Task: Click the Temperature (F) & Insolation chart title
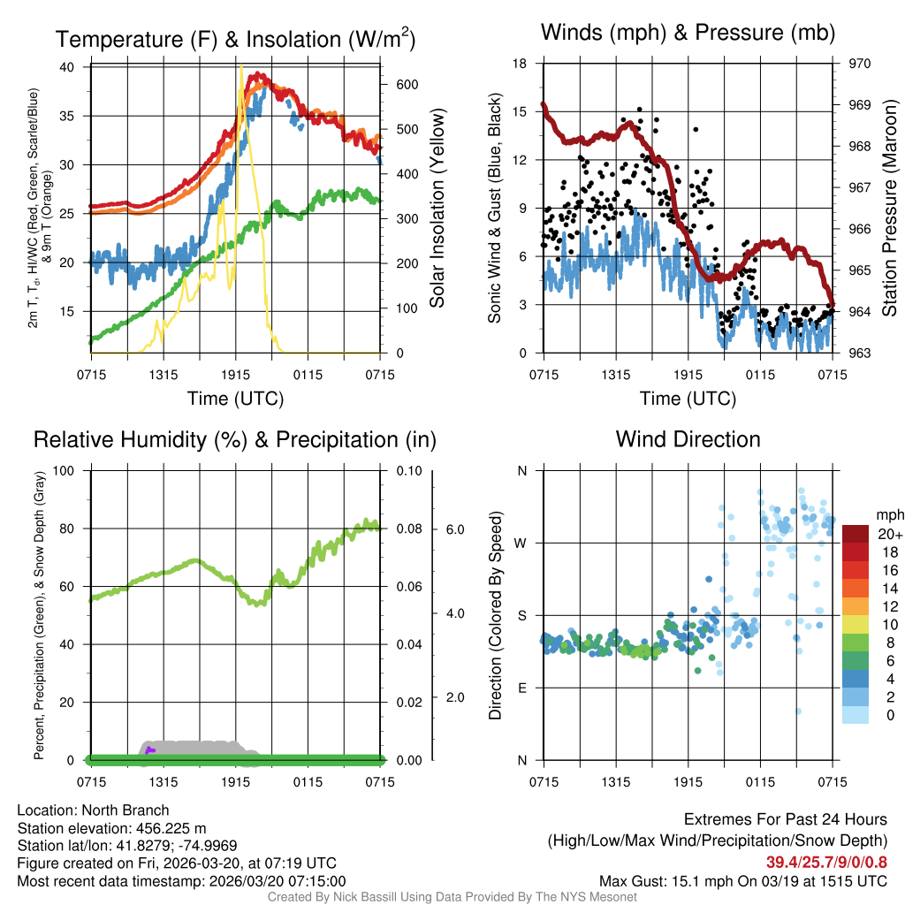coord(235,39)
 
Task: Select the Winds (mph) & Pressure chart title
coord(688,33)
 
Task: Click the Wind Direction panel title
coord(688,439)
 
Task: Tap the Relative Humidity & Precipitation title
coord(235,439)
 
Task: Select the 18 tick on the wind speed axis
coord(521,64)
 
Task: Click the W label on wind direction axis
coord(521,543)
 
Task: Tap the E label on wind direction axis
coord(522,688)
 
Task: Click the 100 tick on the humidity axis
coord(69,470)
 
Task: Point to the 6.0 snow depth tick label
coord(455,529)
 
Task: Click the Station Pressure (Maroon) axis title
coord(890,208)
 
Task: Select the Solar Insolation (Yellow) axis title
coord(437,208)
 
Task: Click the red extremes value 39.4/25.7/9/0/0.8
coord(826,862)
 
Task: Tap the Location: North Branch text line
coord(93,810)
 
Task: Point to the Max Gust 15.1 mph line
coord(742,880)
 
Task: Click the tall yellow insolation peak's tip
coord(241,65)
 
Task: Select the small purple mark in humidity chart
coord(150,750)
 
